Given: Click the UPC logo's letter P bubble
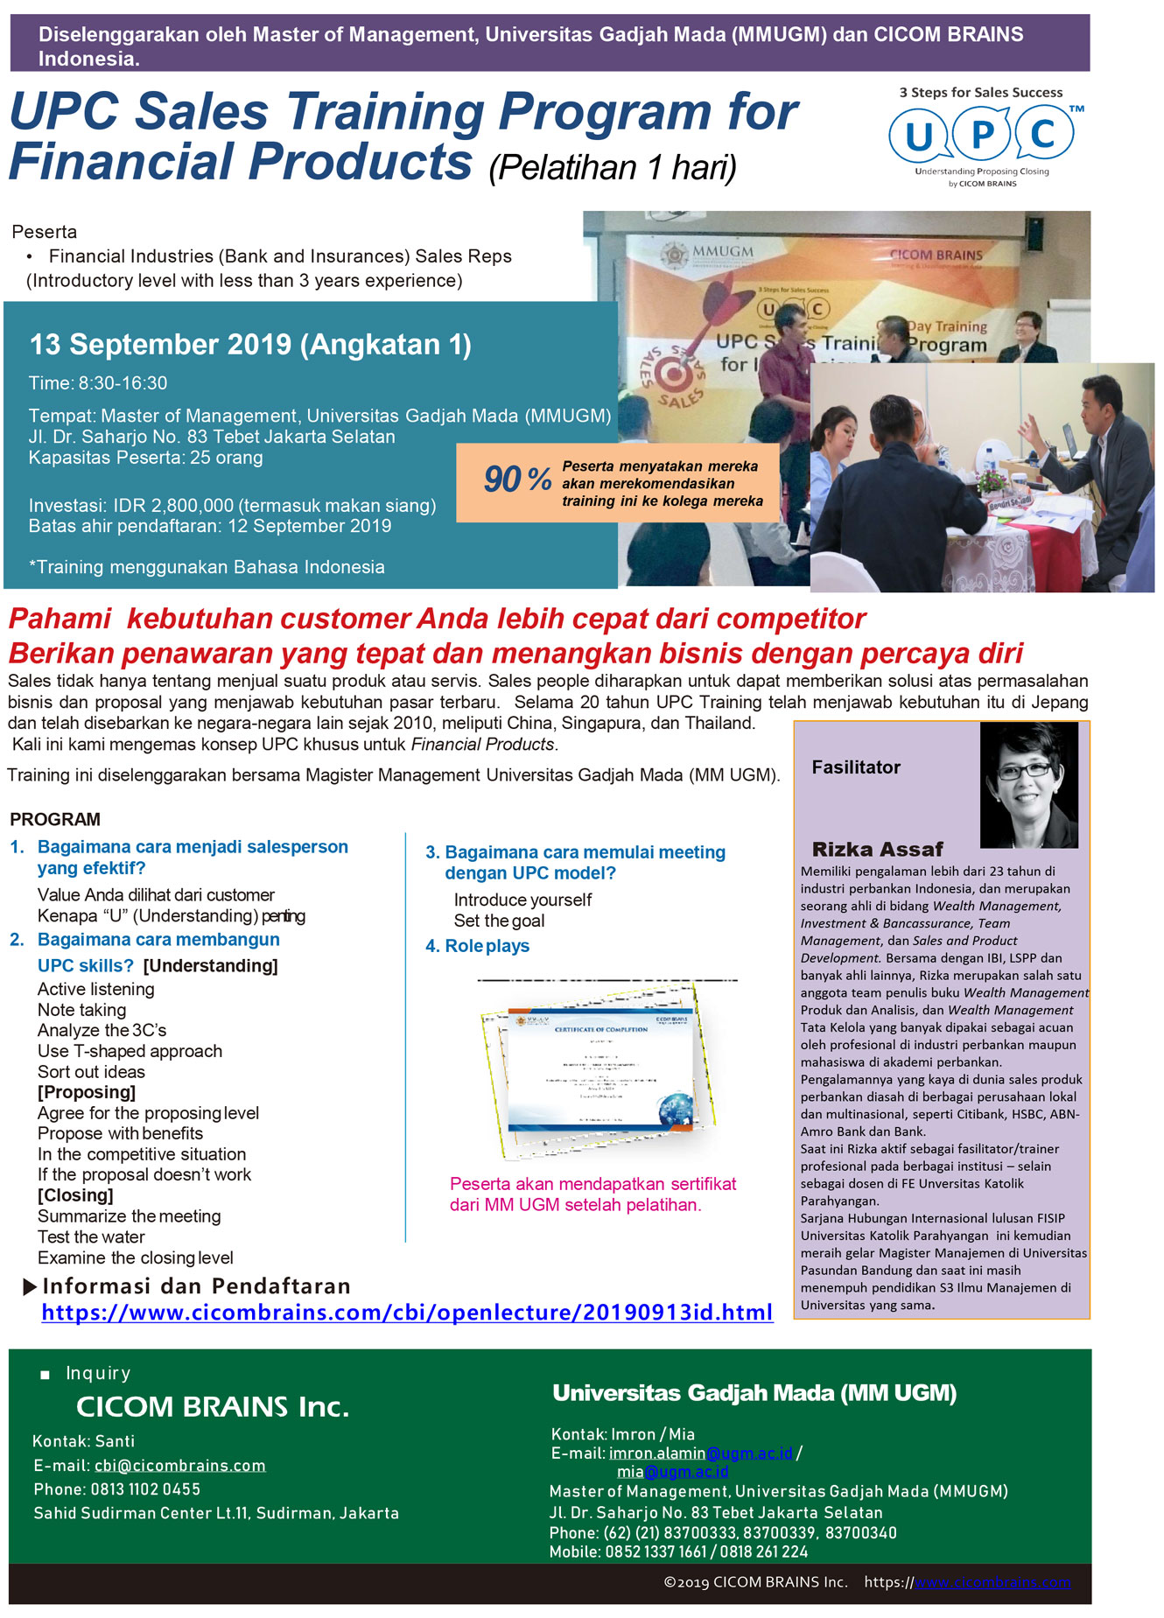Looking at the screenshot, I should click(982, 135).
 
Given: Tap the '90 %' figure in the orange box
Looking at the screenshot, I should click(517, 479).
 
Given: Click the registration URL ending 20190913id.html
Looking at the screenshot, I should click(407, 1313).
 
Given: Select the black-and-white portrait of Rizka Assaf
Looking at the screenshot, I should click(1028, 785).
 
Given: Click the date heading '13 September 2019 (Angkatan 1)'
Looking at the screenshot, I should click(250, 345).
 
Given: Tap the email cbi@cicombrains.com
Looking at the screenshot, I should click(179, 1465).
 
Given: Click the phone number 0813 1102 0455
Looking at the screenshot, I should click(145, 1488).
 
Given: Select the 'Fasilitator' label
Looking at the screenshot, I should click(855, 767).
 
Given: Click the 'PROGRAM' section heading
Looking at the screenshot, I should click(55, 819).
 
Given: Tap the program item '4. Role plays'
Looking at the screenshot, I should click(477, 946).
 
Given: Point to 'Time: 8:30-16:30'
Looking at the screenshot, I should click(97, 383).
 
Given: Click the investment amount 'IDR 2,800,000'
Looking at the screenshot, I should click(173, 505).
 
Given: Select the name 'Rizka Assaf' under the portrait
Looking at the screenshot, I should click(877, 849).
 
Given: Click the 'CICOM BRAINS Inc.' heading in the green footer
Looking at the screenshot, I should click(213, 1406).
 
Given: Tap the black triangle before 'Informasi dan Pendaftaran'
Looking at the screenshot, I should click(30, 1286).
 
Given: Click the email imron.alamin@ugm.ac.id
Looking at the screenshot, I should click(700, 1453).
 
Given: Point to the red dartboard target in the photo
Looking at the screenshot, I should click(674, 375).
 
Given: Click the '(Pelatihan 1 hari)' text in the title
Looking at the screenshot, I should click(612, 167).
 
